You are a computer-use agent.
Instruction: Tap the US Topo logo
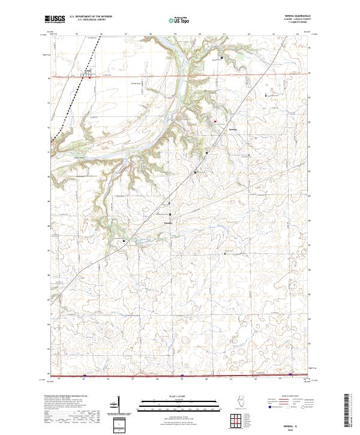(178, 20)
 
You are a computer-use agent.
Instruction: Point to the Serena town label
(88, 70)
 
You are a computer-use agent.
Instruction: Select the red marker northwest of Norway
(214, 121)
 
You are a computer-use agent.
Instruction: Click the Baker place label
(169, 224)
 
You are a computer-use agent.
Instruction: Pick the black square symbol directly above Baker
(170, 214)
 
